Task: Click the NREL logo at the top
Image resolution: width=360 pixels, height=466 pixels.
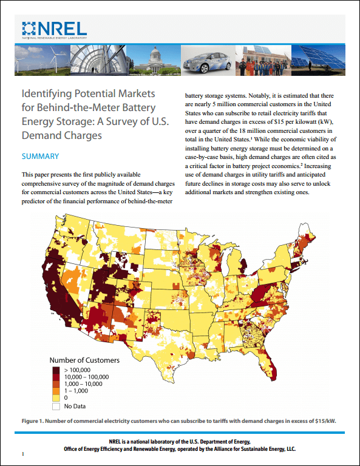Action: coord(54,29)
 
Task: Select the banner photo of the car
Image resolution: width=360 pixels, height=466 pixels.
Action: coord(207,61)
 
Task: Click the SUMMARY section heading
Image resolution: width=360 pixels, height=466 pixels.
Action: coord(40,157)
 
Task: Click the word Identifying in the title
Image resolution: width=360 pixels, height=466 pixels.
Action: coord(47,95)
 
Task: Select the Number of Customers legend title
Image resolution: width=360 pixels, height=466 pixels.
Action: coord(84,360)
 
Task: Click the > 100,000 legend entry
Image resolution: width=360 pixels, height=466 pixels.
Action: coord(77,370)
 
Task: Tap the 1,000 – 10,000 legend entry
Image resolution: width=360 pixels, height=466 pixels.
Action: coord(83,384)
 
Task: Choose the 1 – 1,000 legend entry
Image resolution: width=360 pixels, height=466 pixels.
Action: coord(77,391)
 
